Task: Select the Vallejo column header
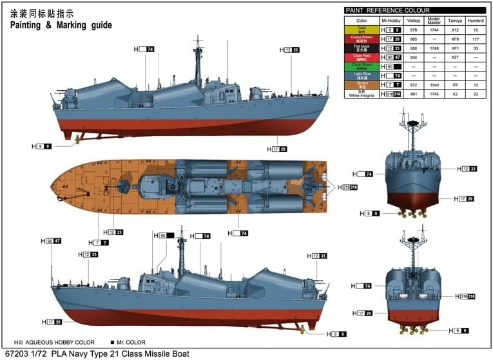click(415, 21)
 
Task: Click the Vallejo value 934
click(415, 57)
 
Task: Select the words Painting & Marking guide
click(61, 25)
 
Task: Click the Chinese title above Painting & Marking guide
click(41, 13)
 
